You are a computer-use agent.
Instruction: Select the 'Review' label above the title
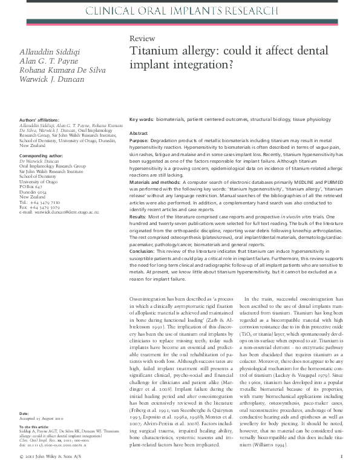[142, 38]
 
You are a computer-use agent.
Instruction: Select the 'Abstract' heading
[139, 132]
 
